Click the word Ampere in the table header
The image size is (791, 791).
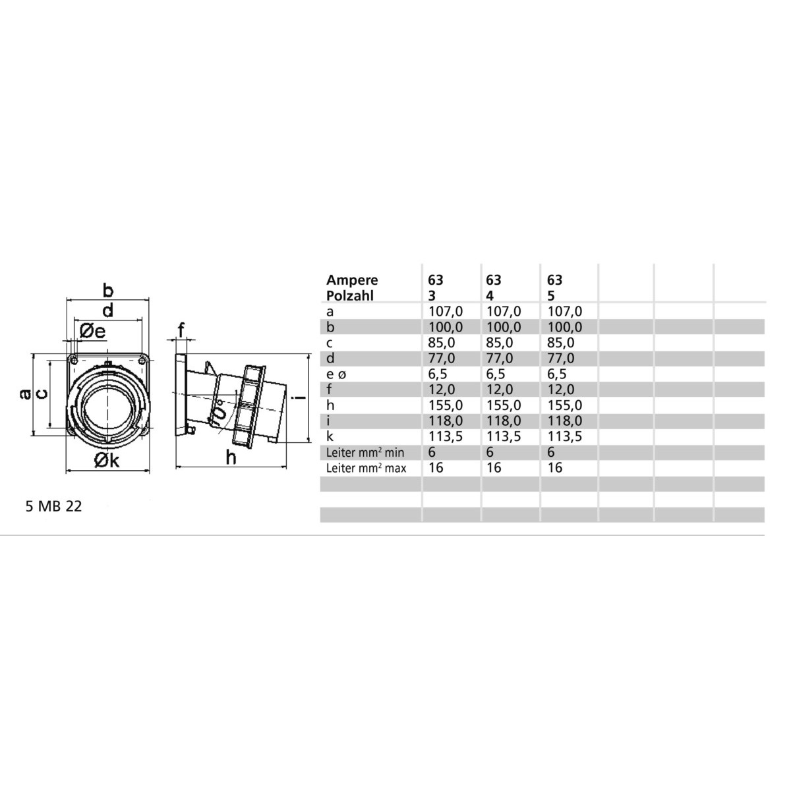coord(352,280)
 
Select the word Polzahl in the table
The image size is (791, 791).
coord(350,295)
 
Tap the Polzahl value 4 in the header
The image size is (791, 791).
coord(490,295)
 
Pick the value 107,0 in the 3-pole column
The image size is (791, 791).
coord(446,311)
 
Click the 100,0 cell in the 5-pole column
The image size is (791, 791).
coord(564,327)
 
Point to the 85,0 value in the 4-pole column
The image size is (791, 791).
coord(500,342)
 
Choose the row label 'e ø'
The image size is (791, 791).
coord(336,374)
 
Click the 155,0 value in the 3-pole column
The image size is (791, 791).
coord(446,405)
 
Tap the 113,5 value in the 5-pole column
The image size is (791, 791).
coord(564,436)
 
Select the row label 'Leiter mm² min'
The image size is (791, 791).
coord(365,452)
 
